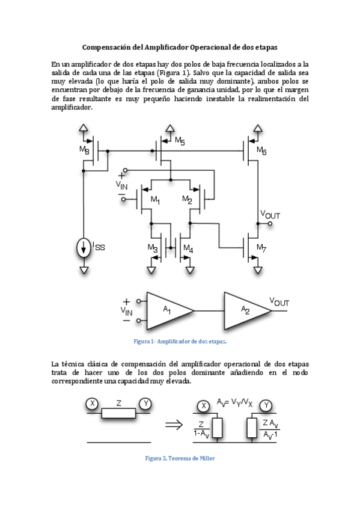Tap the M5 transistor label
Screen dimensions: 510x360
point(180,141)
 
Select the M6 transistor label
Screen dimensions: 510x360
point(261,150)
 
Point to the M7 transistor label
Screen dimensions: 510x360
point(261,247)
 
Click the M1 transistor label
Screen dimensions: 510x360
point(155,200)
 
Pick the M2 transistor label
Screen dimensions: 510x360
point(187,200)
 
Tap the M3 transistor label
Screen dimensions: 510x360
point(153,248)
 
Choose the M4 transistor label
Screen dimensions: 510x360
point(188,248)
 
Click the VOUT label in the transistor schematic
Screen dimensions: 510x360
point(270,214)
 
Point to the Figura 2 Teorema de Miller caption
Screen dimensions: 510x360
point(180,458)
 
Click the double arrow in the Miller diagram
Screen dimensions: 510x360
point(174,425)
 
